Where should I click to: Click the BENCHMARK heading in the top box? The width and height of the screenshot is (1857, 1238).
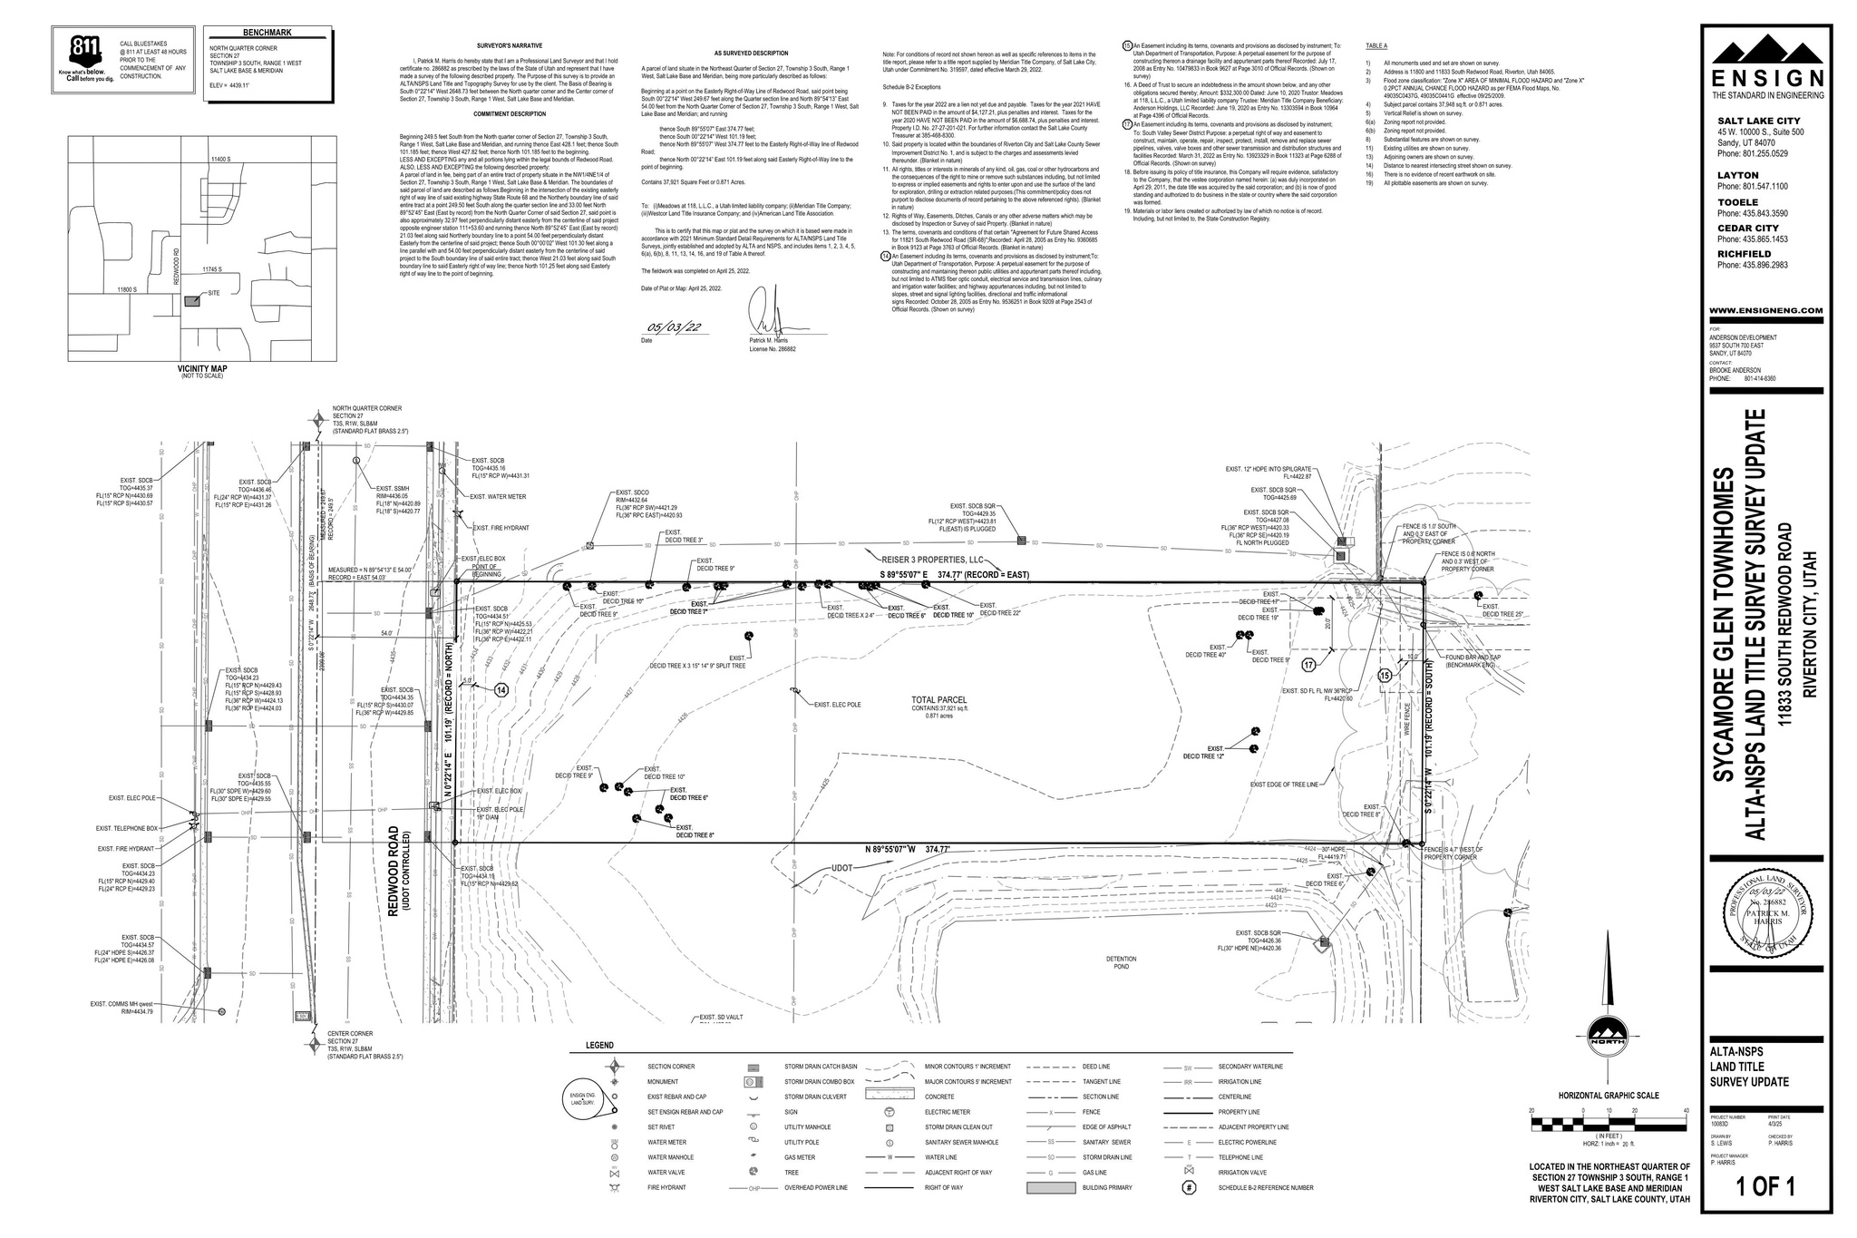click(267, 34)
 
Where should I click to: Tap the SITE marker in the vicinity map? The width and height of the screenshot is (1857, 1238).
click(192, 301)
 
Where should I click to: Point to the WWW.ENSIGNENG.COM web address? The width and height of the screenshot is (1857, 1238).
click(1767, 311)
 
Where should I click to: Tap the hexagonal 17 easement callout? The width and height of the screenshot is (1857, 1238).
click(1308, 665)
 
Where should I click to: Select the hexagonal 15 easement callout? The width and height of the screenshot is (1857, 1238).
click(1385, 676)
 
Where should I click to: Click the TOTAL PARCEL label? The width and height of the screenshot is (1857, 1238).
click(939, 700)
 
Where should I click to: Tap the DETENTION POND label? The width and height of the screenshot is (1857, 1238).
click(1121, 962)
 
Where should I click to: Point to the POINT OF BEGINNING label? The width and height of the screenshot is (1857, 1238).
click(486, 571)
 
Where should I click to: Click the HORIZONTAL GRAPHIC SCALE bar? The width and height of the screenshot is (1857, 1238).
click(1608, 1125)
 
